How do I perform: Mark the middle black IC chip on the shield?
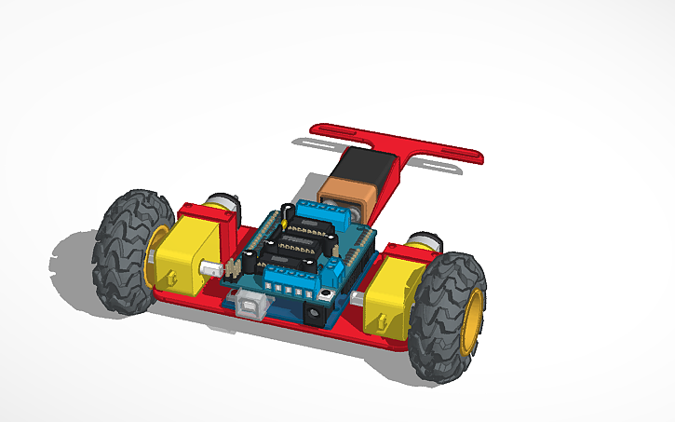[x=298, y=246]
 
